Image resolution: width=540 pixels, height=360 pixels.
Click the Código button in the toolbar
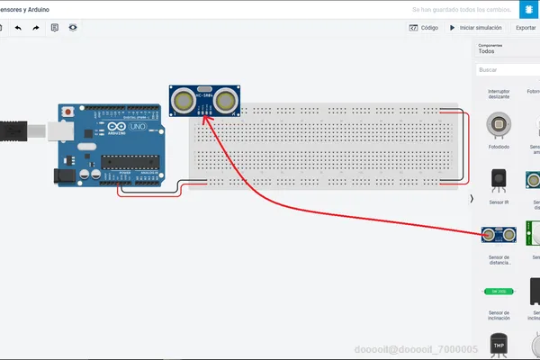(x=425, y=28)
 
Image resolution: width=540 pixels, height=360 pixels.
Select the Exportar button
(x=525, y=28)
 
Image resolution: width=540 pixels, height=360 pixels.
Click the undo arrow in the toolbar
(x=18, y=28)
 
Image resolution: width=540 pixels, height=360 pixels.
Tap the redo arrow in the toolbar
(x=36, y=28)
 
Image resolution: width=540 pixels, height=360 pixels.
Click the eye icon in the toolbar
(x=72, y=28)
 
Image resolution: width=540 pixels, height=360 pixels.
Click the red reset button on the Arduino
(x=67, y=112)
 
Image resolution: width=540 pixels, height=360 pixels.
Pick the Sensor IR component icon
(x=498, y=180)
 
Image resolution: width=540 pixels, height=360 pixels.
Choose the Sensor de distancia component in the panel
(x=498, y=236)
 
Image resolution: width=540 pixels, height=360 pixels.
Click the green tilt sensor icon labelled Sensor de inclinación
(x=498, y=292)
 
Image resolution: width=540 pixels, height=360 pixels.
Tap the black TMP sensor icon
(x=498, y=344)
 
